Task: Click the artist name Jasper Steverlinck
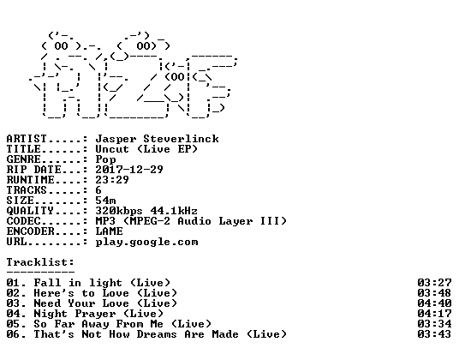[158, 139]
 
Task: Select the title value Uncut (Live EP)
[146, 149]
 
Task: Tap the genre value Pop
[105, 159]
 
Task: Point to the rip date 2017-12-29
[129, 170]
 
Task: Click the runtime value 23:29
[112, 180]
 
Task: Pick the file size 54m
[105, 201]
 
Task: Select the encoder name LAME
[110, 231]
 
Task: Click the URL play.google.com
[146, 243]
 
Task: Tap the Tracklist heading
[40, 262]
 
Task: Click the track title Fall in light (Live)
[102, 283]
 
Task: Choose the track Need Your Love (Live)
[105, 303]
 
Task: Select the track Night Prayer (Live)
[98, 314]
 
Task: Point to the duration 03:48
[434, 293]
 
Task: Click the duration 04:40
[434, 303]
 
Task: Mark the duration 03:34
[434, 324]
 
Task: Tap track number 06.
[13, 334]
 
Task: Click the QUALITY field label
[30, 211]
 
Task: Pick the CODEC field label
[23, 221]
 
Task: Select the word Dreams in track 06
[157, 334]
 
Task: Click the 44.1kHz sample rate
[174, 211]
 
